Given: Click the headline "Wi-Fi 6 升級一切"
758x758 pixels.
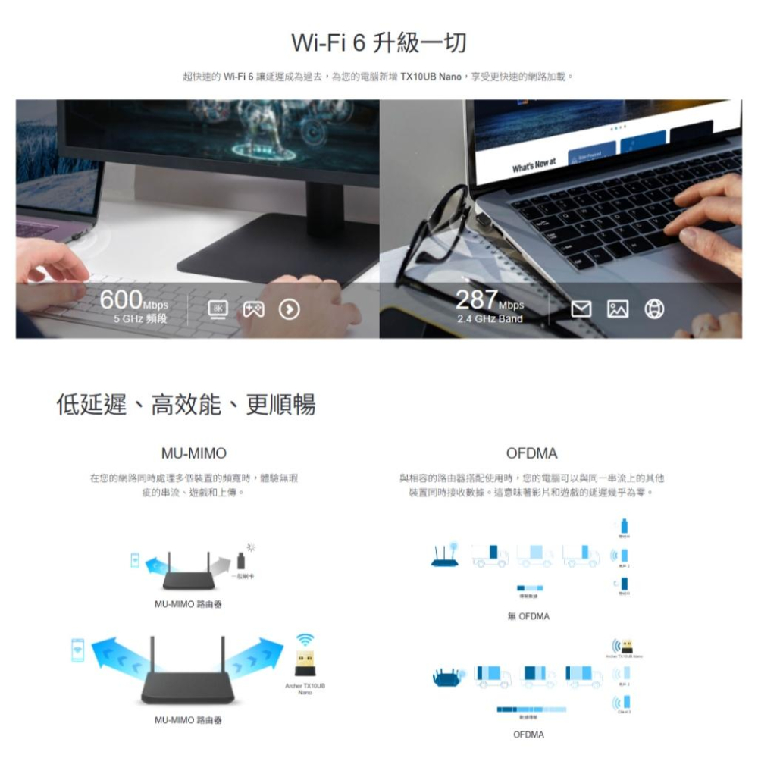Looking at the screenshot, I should [379, 42].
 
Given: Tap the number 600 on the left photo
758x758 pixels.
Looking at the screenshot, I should [121, 301].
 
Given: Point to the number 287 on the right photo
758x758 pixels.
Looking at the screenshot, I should [477, 301].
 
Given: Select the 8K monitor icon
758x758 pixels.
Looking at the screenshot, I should [218, 309].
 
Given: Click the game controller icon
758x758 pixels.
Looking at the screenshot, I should [252, 309].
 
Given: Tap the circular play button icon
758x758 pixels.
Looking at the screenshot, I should [290, 309].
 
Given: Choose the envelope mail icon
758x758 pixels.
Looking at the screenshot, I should [582, 309].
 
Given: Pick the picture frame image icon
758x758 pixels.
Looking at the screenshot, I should [618, 309].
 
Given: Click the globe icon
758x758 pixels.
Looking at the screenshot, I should [654, 309].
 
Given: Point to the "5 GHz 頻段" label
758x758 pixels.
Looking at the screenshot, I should [141, 319].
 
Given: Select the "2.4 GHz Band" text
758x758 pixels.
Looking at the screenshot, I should [490, 319].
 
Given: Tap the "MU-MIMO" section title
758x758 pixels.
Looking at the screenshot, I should [193, 453].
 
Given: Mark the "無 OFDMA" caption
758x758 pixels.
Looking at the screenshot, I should [529, 616].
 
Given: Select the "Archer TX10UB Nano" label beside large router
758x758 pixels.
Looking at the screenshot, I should [305, 688].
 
